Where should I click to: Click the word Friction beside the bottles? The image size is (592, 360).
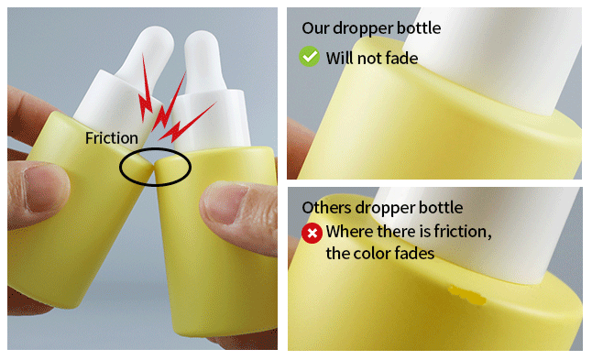[x=112, y=138]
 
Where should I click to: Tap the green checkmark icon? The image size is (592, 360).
[x=309, y=57]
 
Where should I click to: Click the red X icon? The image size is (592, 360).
[x=312, y=233]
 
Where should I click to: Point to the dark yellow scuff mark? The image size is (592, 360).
[x=467, y=295]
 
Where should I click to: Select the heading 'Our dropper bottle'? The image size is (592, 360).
[x=371, y=28]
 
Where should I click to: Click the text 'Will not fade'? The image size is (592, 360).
[x=372, y=59]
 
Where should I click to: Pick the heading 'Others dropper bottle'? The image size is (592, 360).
[x=382, y=208]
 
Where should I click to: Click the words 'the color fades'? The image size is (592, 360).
[x=379, y=253]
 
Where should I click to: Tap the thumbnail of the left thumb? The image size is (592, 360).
[x=40, y=188]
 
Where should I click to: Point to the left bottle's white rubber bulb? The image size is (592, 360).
[x=148, y=53]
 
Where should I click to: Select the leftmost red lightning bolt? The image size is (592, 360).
[x=146, y=89]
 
